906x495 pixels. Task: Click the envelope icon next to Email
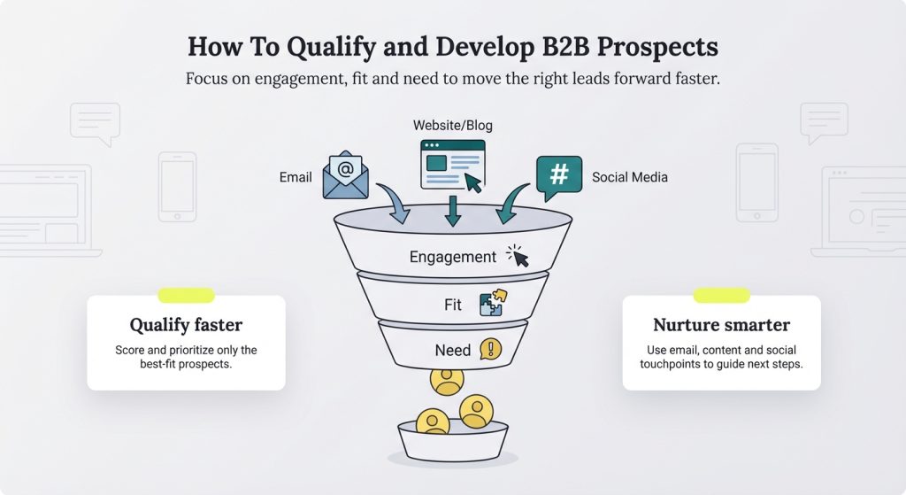(345, 174)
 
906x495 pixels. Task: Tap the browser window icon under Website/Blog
(453, 164)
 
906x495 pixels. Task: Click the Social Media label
(629, 177)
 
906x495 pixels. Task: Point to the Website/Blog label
(453, 126)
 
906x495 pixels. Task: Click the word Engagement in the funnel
(452, 257)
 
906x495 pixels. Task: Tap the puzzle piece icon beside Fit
(491, 305)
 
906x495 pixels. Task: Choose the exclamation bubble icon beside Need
(490, 349)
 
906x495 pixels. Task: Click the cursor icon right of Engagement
(518, 256)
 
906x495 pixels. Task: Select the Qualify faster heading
(186, 325)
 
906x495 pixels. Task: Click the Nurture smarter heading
(721, 325)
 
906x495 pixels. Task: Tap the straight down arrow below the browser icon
(453, 210)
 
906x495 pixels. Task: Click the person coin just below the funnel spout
(447, 380)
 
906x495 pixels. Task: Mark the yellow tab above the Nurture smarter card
(721, 295)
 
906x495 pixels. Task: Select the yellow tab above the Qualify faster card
(186, 295)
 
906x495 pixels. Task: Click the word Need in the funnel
(452, 350)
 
